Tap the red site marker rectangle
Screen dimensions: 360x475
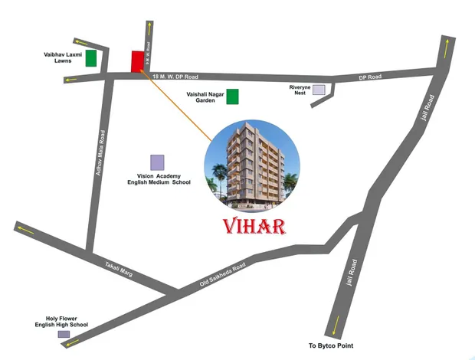click(x=137, y=61)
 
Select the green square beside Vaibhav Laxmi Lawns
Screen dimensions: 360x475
click(x=91, y=57)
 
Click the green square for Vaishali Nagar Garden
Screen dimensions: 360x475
click(x=232, y=96)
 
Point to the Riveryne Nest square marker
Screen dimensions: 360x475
click(x=318, y=90)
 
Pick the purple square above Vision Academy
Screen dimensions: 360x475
click(x=156, y=162)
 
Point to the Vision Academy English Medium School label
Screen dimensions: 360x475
click(x=159, y=180)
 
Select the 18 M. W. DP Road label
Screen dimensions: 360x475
click(x=175, y=77)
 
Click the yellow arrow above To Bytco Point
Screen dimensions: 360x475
click(x=335, y=326)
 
